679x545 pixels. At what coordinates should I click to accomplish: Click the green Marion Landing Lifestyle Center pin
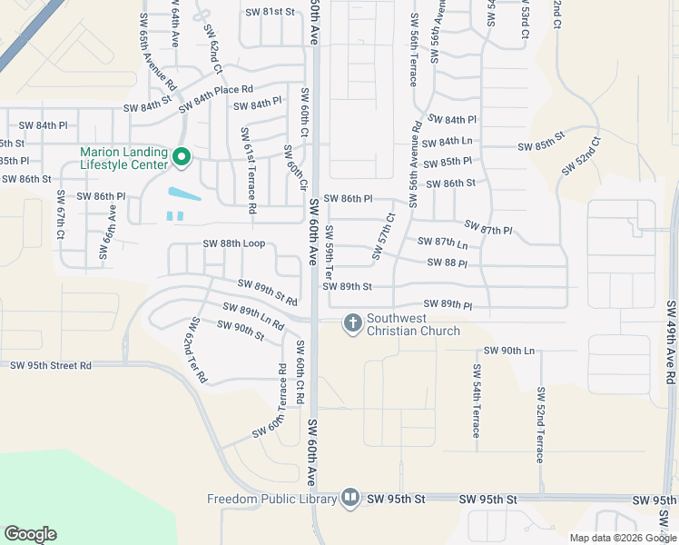pos(181,159)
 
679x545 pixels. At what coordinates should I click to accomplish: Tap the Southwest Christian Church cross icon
pos(351,322)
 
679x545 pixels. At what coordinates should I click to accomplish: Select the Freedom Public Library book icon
pos(350,499)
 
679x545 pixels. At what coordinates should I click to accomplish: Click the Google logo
pos(30,534)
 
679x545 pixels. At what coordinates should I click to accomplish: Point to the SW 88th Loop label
pos(233,243)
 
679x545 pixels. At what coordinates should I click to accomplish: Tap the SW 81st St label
pos(271,12)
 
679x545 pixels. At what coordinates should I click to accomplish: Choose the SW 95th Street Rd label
pos(51,365)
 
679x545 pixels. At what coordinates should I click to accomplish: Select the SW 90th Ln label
pos(509,351)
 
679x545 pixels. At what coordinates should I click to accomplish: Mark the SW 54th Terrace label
pos(476,401)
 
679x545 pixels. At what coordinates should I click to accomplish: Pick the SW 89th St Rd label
pos(268,292)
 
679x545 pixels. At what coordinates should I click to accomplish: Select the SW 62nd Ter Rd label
pos(197,350)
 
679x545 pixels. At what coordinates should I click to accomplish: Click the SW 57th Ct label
pos(385,229)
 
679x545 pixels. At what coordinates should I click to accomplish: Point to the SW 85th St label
pos(541,146)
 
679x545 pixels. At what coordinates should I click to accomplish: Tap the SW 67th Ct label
pos(60,215)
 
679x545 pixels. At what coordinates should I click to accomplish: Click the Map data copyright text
pos(621,538)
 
